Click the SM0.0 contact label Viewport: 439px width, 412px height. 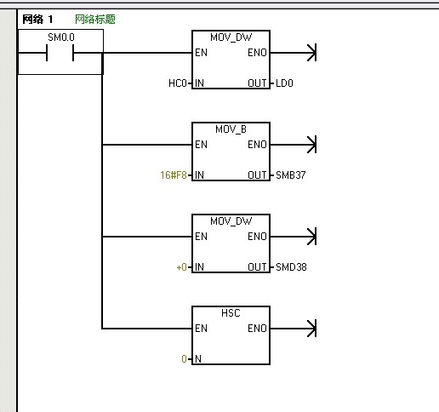61,37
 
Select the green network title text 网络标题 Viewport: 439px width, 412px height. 95,20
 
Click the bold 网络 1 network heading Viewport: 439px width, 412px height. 37,20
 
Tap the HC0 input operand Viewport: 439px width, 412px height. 178,83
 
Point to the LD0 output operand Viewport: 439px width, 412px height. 284,83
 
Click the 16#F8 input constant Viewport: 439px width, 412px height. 174,175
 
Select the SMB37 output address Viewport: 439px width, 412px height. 291,175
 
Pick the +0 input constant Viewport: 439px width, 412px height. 181,267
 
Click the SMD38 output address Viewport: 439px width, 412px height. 291,267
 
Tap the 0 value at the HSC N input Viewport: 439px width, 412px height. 184,359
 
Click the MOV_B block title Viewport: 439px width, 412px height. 231,129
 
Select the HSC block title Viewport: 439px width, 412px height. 231,313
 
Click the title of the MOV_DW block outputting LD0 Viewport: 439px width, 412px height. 231,37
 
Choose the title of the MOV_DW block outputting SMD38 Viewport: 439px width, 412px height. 231,221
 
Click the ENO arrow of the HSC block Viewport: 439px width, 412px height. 294,329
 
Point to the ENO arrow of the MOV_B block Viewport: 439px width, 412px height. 294,145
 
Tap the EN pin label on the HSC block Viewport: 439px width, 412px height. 201,329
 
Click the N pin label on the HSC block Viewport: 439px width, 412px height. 198,359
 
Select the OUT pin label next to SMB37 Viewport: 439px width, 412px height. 257,175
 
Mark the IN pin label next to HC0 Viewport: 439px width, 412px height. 199,83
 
